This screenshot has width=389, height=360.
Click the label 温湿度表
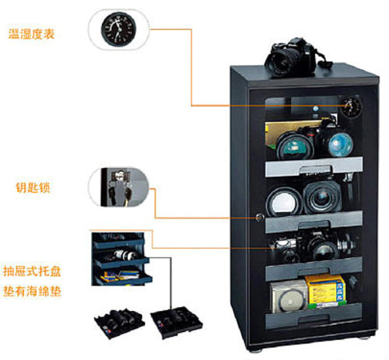31,34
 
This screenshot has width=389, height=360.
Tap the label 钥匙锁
33,187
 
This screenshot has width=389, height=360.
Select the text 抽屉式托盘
32,271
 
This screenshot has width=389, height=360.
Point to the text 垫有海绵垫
32,291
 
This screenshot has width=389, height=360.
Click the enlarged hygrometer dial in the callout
118,30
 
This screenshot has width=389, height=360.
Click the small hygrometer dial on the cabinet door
351,107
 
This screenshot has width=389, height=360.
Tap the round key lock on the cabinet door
259,217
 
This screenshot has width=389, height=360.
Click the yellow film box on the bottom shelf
326,291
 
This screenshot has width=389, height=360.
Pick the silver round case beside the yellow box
289,297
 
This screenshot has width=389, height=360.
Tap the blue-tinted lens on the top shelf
341,144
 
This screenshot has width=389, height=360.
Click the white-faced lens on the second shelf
284,202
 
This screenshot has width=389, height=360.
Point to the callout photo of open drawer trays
121,259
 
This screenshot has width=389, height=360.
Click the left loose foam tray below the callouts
119,323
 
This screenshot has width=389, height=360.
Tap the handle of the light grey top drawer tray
315,170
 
